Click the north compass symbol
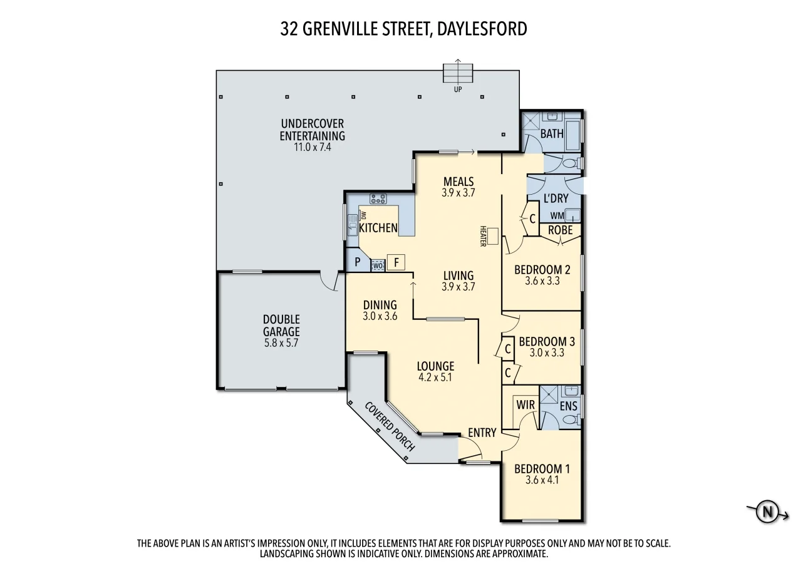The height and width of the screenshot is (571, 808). [x=767, y=512]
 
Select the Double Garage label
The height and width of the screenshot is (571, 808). [x=281, y=326]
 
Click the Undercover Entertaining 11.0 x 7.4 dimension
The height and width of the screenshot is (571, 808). [x=313, y=148]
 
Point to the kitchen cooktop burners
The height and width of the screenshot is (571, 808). [x=378, y=199]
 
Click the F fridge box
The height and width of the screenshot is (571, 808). [x=396, y=262]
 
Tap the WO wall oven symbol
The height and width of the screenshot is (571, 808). [x=378, y=265]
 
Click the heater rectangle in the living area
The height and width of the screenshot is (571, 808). [x=493, y=236]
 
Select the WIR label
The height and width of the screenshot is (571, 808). [x=526, y=405]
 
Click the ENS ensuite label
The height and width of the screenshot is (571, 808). [x=568, y=406]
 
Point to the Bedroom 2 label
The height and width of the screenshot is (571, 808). [x=542, y=270]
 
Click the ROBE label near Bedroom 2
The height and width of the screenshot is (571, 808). [x=560, y=230]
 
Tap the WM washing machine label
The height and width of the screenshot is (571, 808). [x=557, y=216]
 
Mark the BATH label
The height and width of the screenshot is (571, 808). [x=552, y=133]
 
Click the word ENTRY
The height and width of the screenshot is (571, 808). [x=482, y=432]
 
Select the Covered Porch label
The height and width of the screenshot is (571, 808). [x=389, y=426]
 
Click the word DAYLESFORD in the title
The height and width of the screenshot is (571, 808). [x=480, y=29]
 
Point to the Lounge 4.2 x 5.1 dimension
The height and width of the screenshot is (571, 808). [x=436, y=378]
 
